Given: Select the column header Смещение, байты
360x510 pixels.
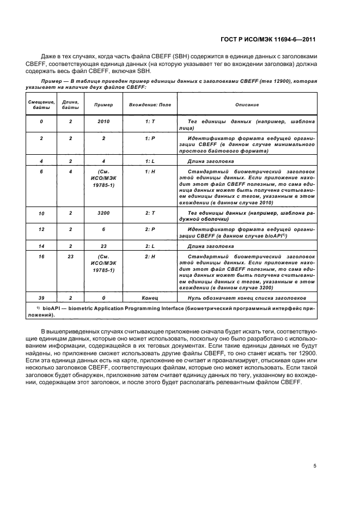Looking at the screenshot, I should [41, 104].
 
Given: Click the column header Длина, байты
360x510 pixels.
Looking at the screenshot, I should [70, 104].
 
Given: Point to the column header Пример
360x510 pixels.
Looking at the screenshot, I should [103, 104].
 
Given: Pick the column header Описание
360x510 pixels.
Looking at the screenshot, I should [247, 104].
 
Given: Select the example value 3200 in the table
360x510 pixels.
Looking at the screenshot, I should [103, 212].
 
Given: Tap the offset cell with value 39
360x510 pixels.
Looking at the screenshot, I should [41, 298].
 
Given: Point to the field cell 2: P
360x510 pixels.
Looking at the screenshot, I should [150, 230].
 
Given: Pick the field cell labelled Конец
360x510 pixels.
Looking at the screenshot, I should [150, 298].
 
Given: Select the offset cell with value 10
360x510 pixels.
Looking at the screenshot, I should [41, 212].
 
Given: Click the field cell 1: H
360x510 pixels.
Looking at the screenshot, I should [150, 172].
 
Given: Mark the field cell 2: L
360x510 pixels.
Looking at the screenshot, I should [150, 246].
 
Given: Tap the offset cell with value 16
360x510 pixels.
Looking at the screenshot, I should [41, 256].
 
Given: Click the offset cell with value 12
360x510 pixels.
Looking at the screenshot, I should [41, 230].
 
